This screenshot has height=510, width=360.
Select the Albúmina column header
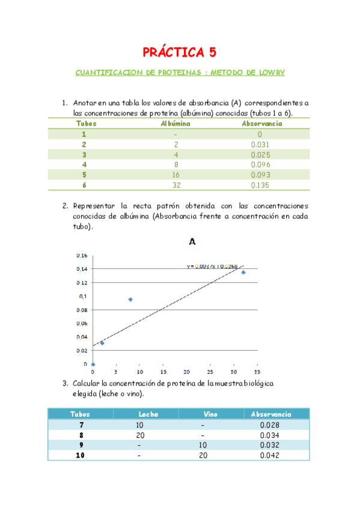(175, 123)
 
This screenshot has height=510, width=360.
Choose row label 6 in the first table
(84, 185)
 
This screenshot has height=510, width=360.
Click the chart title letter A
(192, 242)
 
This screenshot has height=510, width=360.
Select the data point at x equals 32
(243, 272)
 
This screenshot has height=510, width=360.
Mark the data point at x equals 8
(130, 300)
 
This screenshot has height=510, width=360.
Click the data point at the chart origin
(93, 364)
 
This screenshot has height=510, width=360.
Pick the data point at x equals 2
(102, 343)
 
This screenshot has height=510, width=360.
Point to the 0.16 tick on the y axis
(81, 255)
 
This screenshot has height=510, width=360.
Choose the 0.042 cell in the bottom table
(269, 456)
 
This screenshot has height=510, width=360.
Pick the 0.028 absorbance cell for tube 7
(269, 425)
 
